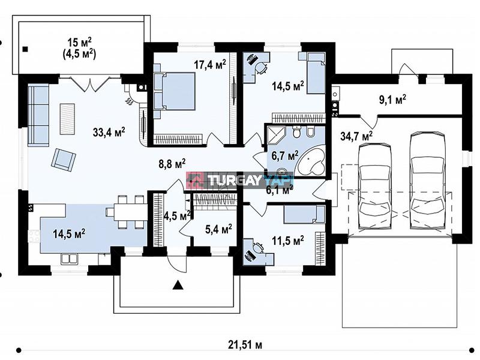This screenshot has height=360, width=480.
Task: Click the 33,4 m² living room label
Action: pos(109,132)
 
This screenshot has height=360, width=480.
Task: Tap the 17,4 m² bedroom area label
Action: pos(210,64)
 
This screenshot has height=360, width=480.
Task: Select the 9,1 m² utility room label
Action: pos(393,100)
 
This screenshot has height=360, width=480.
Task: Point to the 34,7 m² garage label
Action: pos(356,136)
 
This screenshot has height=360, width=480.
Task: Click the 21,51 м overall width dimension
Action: pos(245,345)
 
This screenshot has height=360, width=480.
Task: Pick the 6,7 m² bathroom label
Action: pos(285,156)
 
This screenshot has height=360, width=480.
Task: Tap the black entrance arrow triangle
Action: pos(178,286)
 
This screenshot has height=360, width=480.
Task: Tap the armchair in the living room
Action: pos(64,158)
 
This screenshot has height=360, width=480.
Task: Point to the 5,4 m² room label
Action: pos(218,229)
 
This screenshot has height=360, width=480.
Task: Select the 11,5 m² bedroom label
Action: pos(288,241)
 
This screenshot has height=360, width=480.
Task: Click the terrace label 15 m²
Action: pos(80,43)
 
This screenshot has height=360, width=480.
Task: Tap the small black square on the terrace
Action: pos(25,49)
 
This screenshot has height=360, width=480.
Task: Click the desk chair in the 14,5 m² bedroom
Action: pos(261,68)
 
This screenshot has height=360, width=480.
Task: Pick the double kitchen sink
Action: pos(69,259)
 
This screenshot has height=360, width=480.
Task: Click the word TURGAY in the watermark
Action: pos(235,181)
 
